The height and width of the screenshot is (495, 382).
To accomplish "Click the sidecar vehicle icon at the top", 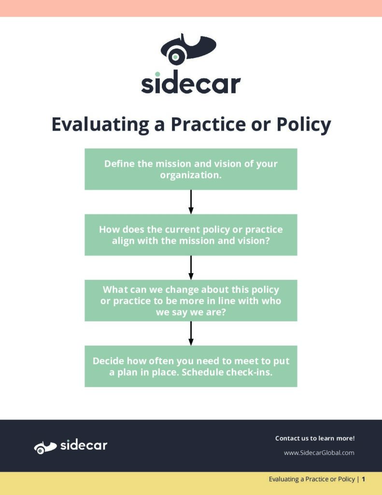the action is coord(188,49).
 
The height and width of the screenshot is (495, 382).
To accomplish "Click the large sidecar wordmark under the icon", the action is coord(191,82).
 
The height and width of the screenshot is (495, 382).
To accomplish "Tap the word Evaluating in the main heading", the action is coord(100,125).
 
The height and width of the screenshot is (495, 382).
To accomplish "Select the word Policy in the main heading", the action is coord(304,125).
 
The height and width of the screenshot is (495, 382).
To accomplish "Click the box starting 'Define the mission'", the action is coord(191,169).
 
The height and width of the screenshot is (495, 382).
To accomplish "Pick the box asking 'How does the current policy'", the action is coord(191,235).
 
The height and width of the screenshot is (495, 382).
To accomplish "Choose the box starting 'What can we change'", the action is coord(191,301).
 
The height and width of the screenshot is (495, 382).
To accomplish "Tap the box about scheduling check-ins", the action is coord(191,366).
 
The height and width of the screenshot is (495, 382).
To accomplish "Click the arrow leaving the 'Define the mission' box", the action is coord(191,202).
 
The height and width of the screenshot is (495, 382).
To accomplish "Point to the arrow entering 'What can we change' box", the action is coord(191,268).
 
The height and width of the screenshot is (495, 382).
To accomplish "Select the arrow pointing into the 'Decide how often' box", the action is coord(191,334).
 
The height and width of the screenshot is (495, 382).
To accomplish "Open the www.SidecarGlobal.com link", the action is coord(319,452).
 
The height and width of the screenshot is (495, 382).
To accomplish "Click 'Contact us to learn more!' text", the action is coord(315,438).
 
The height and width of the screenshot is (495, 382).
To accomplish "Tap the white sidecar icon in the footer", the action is coord(45,447).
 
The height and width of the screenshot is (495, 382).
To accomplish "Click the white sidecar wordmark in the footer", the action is coord(84,445).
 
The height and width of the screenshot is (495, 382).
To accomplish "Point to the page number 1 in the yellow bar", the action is coord(363,479).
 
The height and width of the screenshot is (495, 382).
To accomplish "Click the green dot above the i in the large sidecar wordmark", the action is coord(157,74).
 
